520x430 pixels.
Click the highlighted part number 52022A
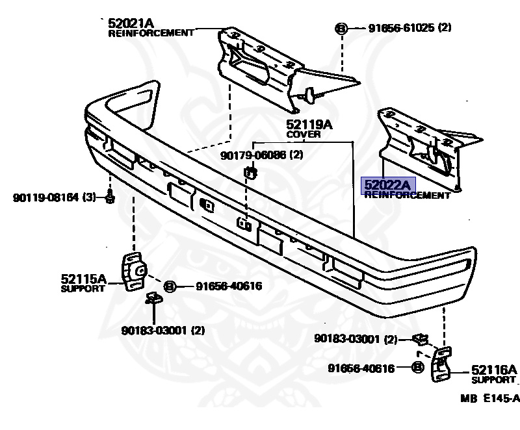point(387,186)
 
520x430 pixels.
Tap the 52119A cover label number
point(309,124)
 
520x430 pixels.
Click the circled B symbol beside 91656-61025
point(341,28)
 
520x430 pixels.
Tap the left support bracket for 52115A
point(135,272)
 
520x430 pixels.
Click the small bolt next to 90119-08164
point(109,197)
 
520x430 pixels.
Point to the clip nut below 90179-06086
point(251,172)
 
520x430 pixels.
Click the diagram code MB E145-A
point(491,398)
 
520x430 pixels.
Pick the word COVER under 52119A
point(304,134)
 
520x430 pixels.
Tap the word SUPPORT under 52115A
point(83,288)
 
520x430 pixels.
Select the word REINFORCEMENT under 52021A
point(151,32)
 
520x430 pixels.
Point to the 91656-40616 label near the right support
point(361,368)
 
